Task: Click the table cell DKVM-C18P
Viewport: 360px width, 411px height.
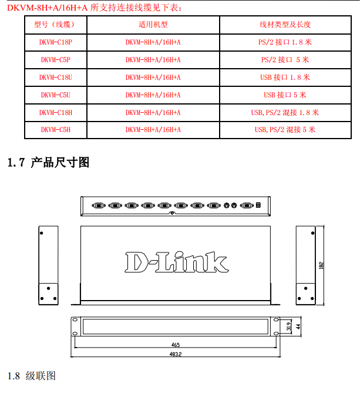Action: point(56,42)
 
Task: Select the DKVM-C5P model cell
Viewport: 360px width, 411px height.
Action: point(56,60)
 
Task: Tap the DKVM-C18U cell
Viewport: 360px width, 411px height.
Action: point(56,78)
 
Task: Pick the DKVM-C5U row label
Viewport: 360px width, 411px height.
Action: point(56,95)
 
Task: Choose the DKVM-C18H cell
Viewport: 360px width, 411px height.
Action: point(56,112)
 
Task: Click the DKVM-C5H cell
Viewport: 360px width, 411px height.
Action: point(56,130)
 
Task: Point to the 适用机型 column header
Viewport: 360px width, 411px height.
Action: point(153,25)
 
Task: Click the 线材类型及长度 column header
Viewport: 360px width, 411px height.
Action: point(285,25)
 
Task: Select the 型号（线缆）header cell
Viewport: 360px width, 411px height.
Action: point(56,25)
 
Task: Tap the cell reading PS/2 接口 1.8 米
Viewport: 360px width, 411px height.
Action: point(285,42)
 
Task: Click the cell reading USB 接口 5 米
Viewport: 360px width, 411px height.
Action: point(285,95)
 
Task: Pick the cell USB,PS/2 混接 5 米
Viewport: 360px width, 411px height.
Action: point(285,130)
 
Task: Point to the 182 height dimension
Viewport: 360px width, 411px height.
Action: point(321,265)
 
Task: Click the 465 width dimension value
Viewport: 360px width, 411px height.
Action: point(176,345)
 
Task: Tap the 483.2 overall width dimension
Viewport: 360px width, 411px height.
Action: point(176,354)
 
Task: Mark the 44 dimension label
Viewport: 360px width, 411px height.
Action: point(298,326)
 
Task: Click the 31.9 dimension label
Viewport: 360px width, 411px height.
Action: point(288,326)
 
